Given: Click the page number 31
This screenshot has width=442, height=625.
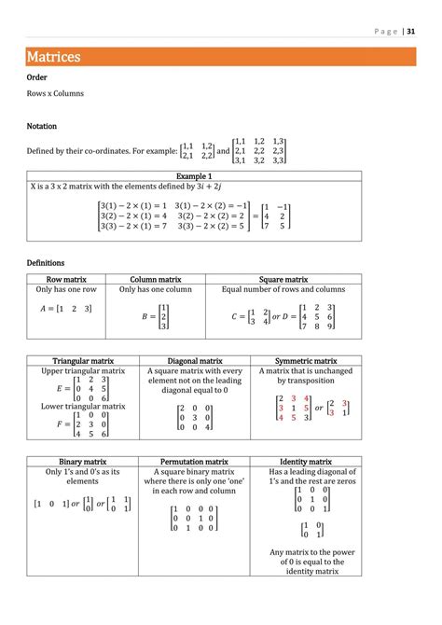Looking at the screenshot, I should click(x=411, y=29).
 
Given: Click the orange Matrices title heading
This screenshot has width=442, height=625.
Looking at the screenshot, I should click(x=53, y=57).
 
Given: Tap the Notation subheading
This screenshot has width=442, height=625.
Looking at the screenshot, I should click(x=42, y=126).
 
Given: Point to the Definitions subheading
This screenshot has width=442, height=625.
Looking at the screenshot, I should click(x=46, y=263).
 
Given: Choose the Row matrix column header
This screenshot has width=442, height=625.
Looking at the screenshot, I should click(x=67, y=279).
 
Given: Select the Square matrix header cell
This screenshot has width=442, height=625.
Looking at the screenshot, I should click(x=283, y=279).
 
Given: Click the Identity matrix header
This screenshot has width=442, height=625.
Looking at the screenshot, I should click(x=306, y=462).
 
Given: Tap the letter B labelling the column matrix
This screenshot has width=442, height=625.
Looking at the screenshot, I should click(x=145, y=316).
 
